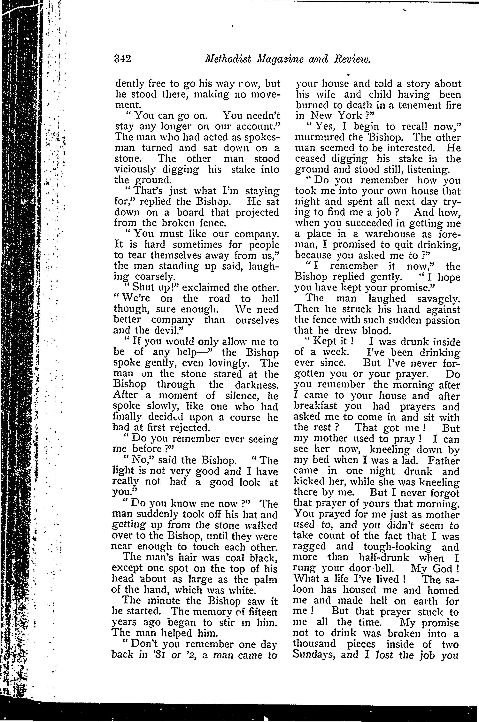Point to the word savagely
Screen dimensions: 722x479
click(438, 298)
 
